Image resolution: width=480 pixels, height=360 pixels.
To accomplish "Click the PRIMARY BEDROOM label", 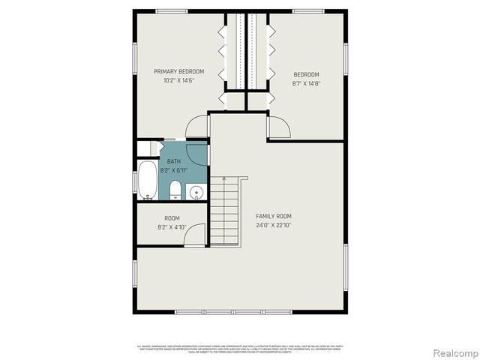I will click(179, 72).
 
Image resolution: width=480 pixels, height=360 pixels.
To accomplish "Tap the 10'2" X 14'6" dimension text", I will click(179, 80).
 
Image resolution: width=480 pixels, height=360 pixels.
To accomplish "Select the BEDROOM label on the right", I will click(306, 74).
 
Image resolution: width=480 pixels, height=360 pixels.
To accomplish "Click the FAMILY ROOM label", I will click(273, 216).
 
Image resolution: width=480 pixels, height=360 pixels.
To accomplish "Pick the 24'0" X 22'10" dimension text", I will click(273, 224).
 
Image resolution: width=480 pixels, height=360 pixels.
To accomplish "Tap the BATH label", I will click(173, 162).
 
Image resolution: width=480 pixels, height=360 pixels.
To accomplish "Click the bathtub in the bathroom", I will click(147, 181).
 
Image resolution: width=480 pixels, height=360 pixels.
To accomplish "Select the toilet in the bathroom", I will click(174, 190).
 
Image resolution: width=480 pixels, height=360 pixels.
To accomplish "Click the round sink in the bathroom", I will click(196, 193).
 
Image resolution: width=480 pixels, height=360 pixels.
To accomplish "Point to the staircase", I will click(227, 211).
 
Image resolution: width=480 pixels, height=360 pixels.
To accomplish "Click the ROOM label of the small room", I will click(172, 219).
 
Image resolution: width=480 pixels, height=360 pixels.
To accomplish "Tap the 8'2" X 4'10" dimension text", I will click(172, 227).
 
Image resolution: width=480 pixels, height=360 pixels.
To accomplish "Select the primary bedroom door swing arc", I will click(196, 125).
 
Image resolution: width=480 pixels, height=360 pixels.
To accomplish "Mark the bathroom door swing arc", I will click(198, 153).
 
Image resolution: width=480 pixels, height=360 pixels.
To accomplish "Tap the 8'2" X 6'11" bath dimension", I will click(173, 170).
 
